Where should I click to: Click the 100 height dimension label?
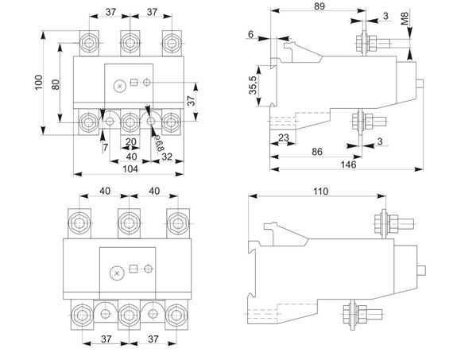[39, 83]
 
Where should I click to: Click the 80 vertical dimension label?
[56, 84]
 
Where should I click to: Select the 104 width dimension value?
[130, 168]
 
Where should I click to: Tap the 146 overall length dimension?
[348, 165]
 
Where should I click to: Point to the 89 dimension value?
[319, 6]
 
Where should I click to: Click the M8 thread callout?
[405, 18]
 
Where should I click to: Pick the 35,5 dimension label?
[253, 85]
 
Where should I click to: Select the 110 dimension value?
[321, 192]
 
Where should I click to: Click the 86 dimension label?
[317, 152]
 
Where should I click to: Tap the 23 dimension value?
[284, 137]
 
